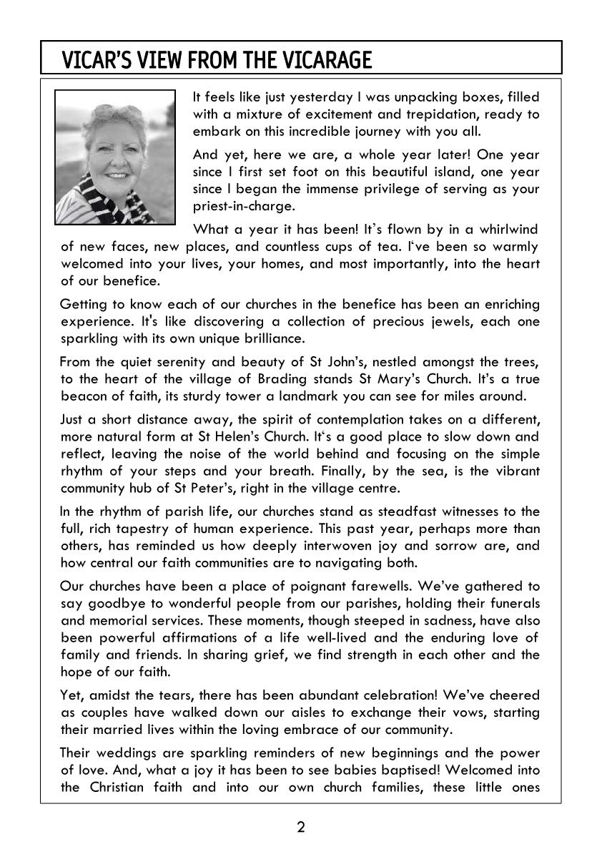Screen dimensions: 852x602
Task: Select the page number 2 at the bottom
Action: [301, 828]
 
